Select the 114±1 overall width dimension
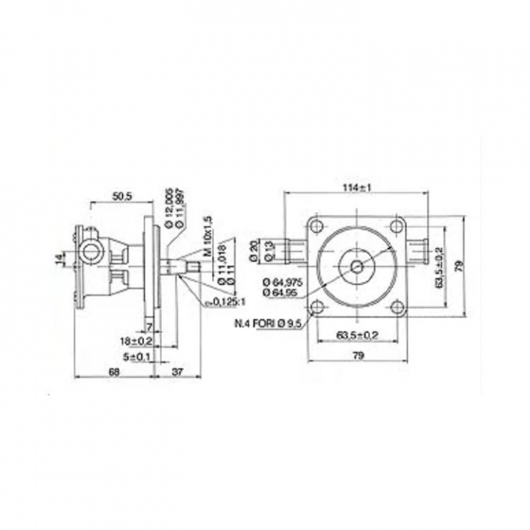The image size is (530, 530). (357, 188)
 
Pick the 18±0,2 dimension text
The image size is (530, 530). (136, 341)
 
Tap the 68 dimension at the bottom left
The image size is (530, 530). (114, 372)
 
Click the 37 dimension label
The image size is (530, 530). (177, 372)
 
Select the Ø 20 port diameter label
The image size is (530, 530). (252, 251)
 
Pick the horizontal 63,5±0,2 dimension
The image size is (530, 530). (356, 336)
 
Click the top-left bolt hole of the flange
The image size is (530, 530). (317, 226)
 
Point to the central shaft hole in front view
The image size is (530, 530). (357, 266)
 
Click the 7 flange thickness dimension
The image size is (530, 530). (149, 325)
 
